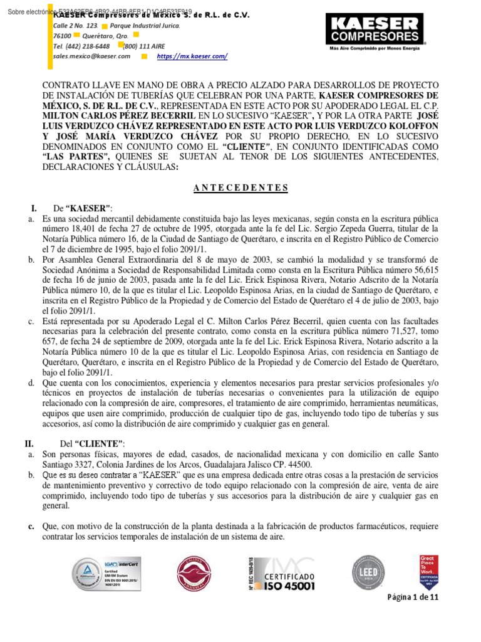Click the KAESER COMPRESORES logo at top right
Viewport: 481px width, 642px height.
pos(375,32)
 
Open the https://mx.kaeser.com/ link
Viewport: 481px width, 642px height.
pos(192,56)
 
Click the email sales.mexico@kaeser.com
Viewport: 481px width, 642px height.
pos(92,56)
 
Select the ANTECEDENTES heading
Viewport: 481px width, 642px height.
pos(240,187)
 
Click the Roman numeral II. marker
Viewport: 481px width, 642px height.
pos(29,443)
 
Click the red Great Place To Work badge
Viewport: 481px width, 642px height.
pos(428,572)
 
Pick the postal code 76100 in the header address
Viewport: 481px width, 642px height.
pos(62,36)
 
